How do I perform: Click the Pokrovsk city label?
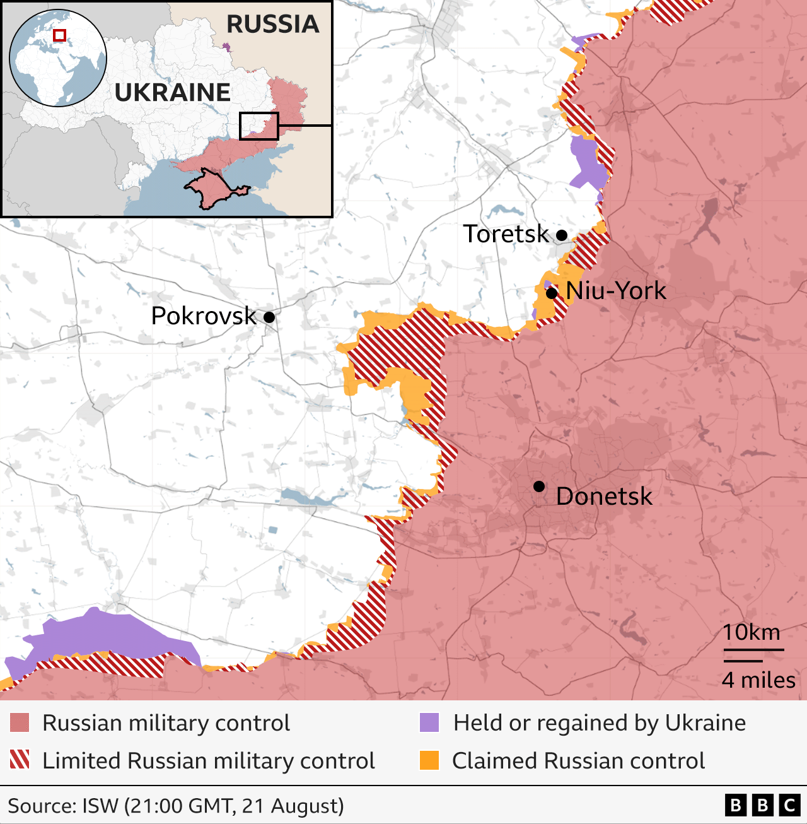point(204,316)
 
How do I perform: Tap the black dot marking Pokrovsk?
point(269,317)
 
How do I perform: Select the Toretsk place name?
point(506,234)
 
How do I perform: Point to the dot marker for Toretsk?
point(562,235)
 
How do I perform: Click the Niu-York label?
point(616,291)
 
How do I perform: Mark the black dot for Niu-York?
point(552,293)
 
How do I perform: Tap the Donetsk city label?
point(604,497)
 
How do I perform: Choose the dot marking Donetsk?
point(539,486)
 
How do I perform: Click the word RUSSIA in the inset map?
point(273,24)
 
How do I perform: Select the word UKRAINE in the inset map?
point(173,93)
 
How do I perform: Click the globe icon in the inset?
point(58,58)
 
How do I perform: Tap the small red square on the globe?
point(59,35)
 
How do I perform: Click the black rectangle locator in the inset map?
point(258,126)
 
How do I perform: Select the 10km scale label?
point(751,632)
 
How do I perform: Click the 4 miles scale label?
point(758,680)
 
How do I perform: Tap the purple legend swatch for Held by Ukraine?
point(429,723)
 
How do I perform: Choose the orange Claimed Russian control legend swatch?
point(429,760)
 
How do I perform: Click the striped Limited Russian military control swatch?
point(20,760)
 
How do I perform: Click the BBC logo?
point(762,806)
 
